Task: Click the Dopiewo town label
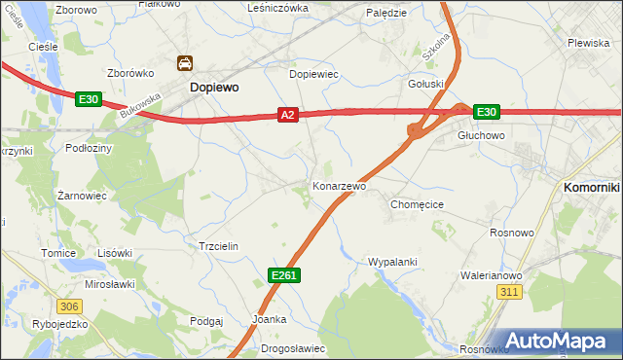[214, 87]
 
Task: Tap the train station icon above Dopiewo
[184, 65]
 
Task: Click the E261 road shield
[283, 276]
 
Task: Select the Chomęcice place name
[417, 205]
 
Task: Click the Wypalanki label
[392, 262]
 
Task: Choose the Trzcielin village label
[219, 247]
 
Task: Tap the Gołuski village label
[425, 84]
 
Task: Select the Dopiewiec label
[313, 73]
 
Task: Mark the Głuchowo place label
[481, 136]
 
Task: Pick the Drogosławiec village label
[293, 348]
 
